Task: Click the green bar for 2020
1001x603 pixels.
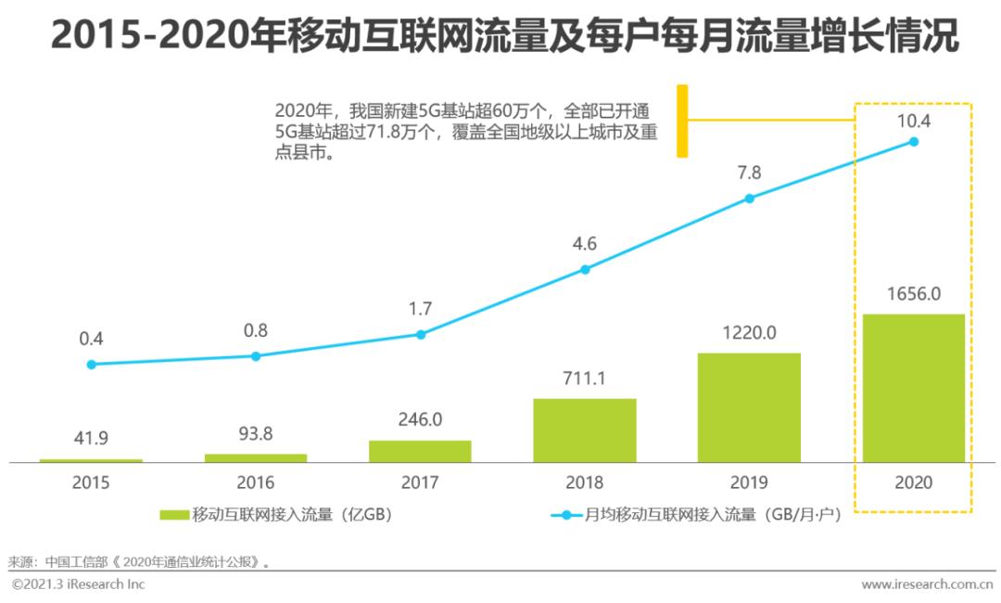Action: point(913,388)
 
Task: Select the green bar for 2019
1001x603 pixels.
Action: point(749,407)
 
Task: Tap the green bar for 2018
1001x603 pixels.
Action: point(585,430)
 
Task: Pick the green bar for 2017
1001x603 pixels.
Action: point(420,451)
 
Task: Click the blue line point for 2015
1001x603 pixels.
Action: point(91,365)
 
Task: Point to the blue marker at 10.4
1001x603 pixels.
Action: point(913,142)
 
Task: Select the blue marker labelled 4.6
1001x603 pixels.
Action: point(585,270)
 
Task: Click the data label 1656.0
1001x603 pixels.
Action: point(913,294)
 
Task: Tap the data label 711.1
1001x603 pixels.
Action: point(585,378)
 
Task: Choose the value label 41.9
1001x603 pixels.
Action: point(91,439)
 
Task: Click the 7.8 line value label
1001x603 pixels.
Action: point(749,173)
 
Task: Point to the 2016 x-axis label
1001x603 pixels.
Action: point(256,482)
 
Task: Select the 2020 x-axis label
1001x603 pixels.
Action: point(913,482)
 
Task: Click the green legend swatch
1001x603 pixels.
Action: point(174,515)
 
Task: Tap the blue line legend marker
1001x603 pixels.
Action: point(564,515)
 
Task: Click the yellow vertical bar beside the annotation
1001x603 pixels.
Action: point(682,121)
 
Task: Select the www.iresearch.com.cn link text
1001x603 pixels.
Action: point(927,584)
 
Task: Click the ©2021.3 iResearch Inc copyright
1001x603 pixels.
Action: point(79,584)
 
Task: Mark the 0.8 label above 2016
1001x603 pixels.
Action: point(256,330)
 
